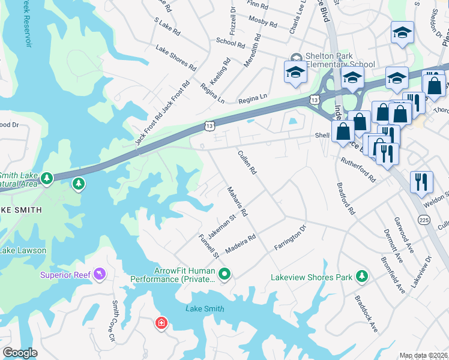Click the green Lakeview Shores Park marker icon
tap(361, 276)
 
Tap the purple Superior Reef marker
tap(99, 275)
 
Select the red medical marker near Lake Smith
tap(161, 323)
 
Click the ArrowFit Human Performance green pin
tap(224, 275)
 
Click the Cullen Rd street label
tap(247, 162)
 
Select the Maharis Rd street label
tap(237, 201)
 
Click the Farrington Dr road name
tap(290, 238)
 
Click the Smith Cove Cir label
tap(112, 321)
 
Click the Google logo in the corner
tap(20, 353)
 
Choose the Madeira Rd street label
tap(241, 244)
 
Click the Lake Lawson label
tap(23, 250)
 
